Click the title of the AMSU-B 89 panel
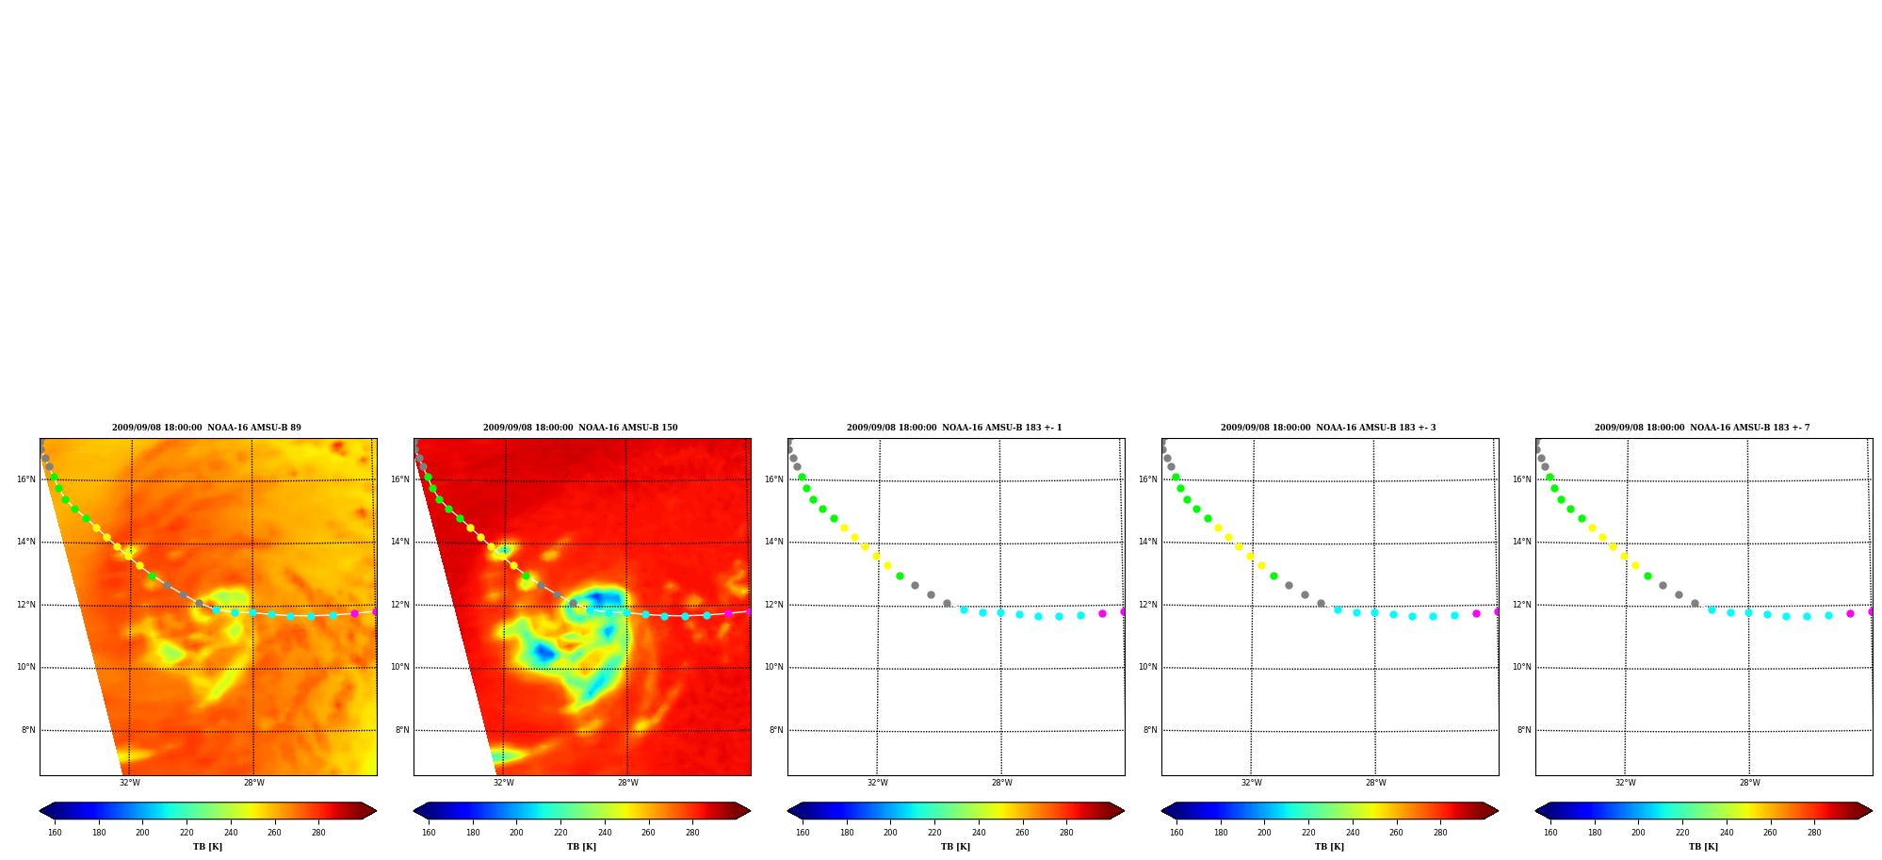(206, 428)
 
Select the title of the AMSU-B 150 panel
(580, 428)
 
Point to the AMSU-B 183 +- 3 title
(1328, 428)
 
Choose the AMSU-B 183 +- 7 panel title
(1702, 428)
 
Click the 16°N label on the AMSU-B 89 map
(25, 479)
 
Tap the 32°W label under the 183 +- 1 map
(877, 783)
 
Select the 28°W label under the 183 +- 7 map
(1749, 783)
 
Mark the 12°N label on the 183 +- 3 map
(1147, 605)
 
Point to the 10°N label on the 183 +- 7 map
(1521, 667)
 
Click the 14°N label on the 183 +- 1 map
(773, 542)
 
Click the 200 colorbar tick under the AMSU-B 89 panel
(142, 833)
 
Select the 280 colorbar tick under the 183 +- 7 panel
(1814, 833)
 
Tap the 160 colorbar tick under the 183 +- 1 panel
(803, 833)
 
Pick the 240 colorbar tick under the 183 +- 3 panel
(1353, 833)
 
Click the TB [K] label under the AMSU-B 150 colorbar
(581, 847)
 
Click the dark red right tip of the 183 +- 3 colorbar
(1497, 811)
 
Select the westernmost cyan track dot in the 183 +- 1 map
(964, 609)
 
